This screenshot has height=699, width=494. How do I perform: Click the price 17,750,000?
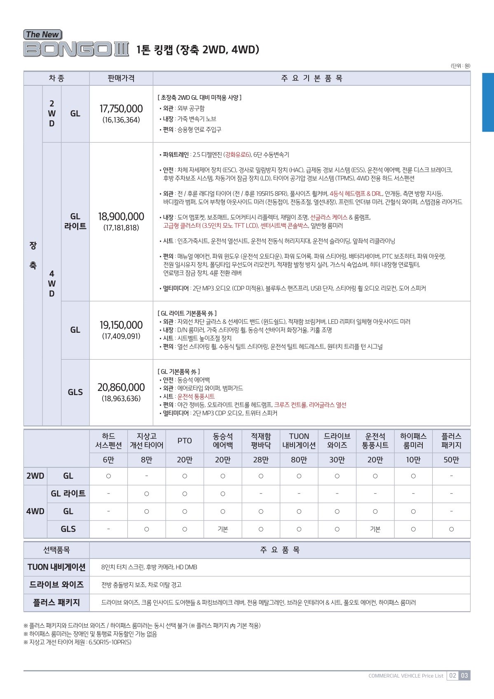[x=121, y=109]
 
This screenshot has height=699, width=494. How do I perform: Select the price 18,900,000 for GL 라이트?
[x=121, y=217]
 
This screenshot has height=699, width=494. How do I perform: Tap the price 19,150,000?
[x=121, y=325]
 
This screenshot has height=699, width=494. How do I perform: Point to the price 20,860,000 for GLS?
[x=121, y=387]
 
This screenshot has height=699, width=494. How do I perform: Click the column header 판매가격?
[x=121, y=78]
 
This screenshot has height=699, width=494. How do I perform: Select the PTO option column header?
[x=185, y=441]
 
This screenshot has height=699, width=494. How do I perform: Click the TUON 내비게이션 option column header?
[x=299, y=441]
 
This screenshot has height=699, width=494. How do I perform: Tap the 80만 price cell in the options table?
[x=299, y=460]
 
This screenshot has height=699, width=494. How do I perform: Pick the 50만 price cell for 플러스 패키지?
[x=451, y=460]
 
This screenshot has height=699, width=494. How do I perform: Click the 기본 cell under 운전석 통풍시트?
[x=375, y=529]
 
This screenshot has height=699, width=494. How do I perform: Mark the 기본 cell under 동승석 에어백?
[x=222, y=529]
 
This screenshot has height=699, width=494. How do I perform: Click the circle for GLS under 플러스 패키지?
[x=451, y=529]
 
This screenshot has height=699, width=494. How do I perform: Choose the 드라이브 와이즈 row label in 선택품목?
[x=56, y=585]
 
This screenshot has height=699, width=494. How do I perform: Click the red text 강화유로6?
[x=237, y=155]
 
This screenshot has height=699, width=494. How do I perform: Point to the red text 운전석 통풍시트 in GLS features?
[x=196, y=396]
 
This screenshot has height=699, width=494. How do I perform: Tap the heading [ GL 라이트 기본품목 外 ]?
[x=187, y=313]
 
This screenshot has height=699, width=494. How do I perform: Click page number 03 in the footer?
[x=464, y=675]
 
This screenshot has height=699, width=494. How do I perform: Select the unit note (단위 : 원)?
[x=460, y=66]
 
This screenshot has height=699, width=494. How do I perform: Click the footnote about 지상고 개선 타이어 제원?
[x=77, y=642]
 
